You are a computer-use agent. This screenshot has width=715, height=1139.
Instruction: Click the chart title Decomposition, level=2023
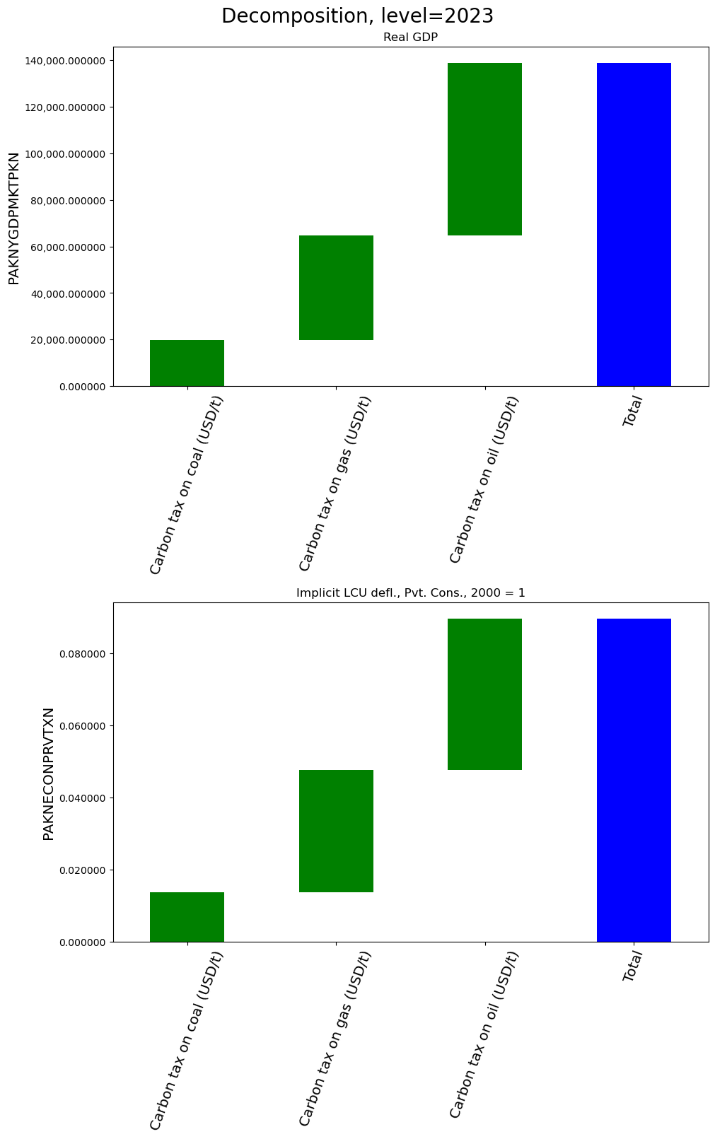tap(357, 16)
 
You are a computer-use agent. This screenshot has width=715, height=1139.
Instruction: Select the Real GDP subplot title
tap(410, 37)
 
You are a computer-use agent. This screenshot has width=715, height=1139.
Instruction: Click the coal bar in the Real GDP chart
tap(187, 363)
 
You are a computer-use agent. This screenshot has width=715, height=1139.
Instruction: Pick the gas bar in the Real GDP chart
tap(336, 288)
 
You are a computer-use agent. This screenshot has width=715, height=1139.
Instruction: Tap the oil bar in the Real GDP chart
tap(485, 149)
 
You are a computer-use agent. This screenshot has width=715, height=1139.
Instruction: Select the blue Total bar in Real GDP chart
tap(634, 225)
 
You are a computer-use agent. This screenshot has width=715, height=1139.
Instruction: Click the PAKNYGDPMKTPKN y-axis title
tap(14, 218)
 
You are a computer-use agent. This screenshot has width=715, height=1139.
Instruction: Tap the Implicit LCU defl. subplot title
tap(410, 593)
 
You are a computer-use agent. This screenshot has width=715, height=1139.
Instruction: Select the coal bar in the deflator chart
tap(187, 917)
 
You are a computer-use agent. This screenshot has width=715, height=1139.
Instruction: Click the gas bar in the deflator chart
tap(336, 831)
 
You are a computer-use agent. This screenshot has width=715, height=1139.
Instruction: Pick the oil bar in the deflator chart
tap(485, 694)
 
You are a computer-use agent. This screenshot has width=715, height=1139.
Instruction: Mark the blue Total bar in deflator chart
tap(634, 781)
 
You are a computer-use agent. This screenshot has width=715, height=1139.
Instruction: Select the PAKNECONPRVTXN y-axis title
tap(49, 773)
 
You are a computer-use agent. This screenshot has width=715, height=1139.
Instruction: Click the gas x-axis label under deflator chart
tap(335, 1039)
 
